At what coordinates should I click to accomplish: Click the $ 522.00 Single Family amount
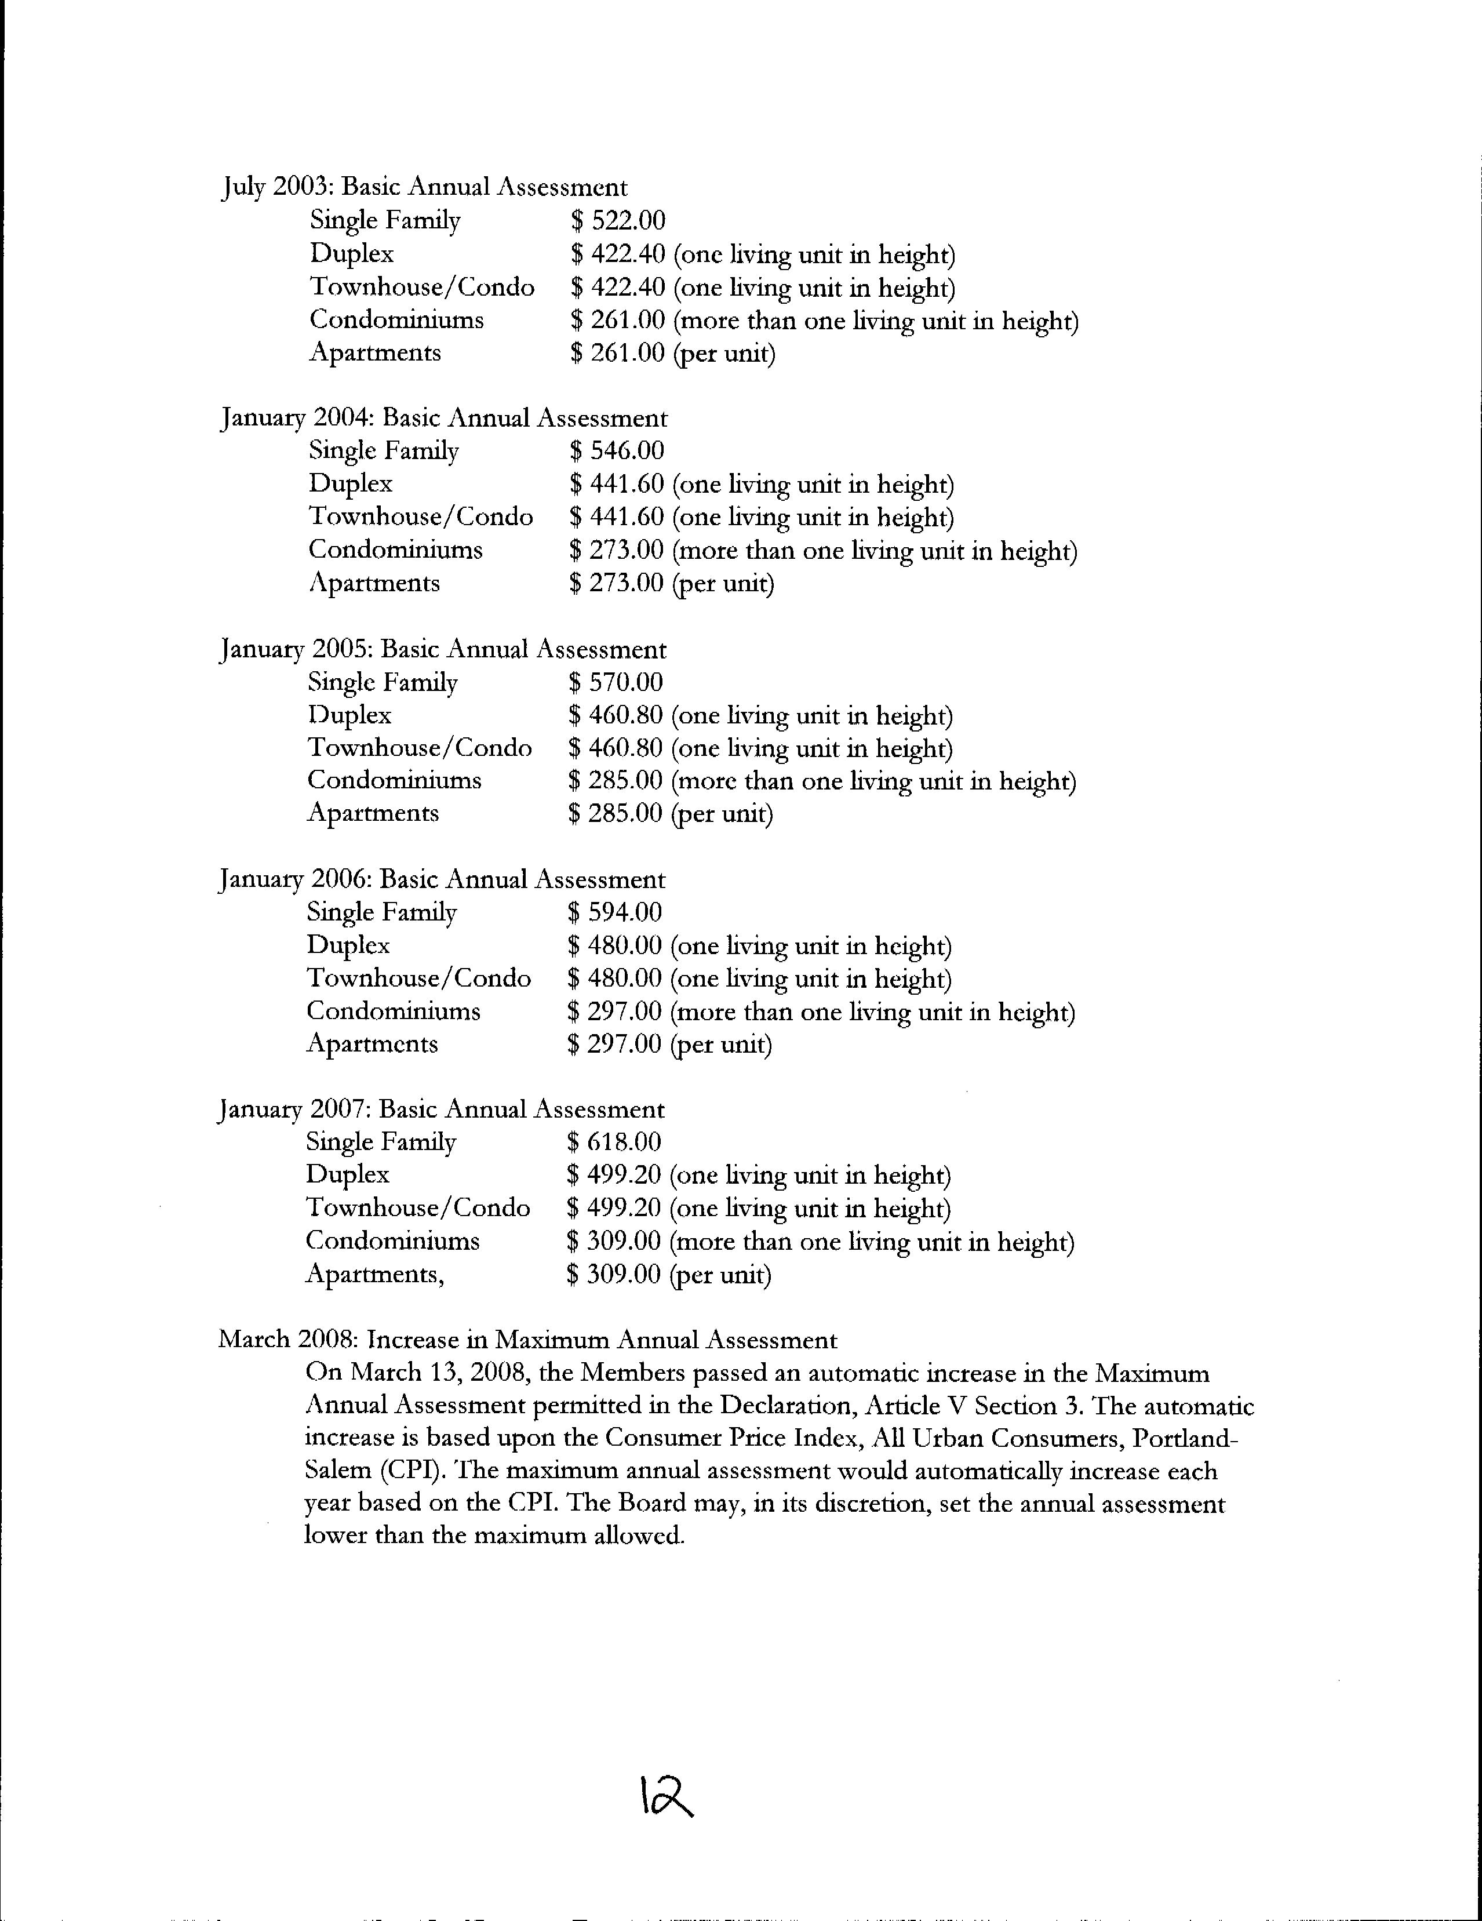coord(617,221)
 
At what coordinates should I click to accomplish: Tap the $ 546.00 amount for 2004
coord(617,451)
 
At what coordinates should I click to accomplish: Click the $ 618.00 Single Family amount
coord(614,1143)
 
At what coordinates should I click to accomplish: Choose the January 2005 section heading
coord(442,650)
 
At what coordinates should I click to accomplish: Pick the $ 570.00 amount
coord(616,683)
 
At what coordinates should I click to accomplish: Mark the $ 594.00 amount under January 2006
coord(615,913)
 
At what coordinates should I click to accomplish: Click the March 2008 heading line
coord(528,1340)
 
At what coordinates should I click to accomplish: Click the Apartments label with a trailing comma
coord(374,1275)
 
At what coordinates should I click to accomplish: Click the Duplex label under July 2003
coord(352,254)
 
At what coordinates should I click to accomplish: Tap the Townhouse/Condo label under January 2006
coord(418,979)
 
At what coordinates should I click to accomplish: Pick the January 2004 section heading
coord(443,418)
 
